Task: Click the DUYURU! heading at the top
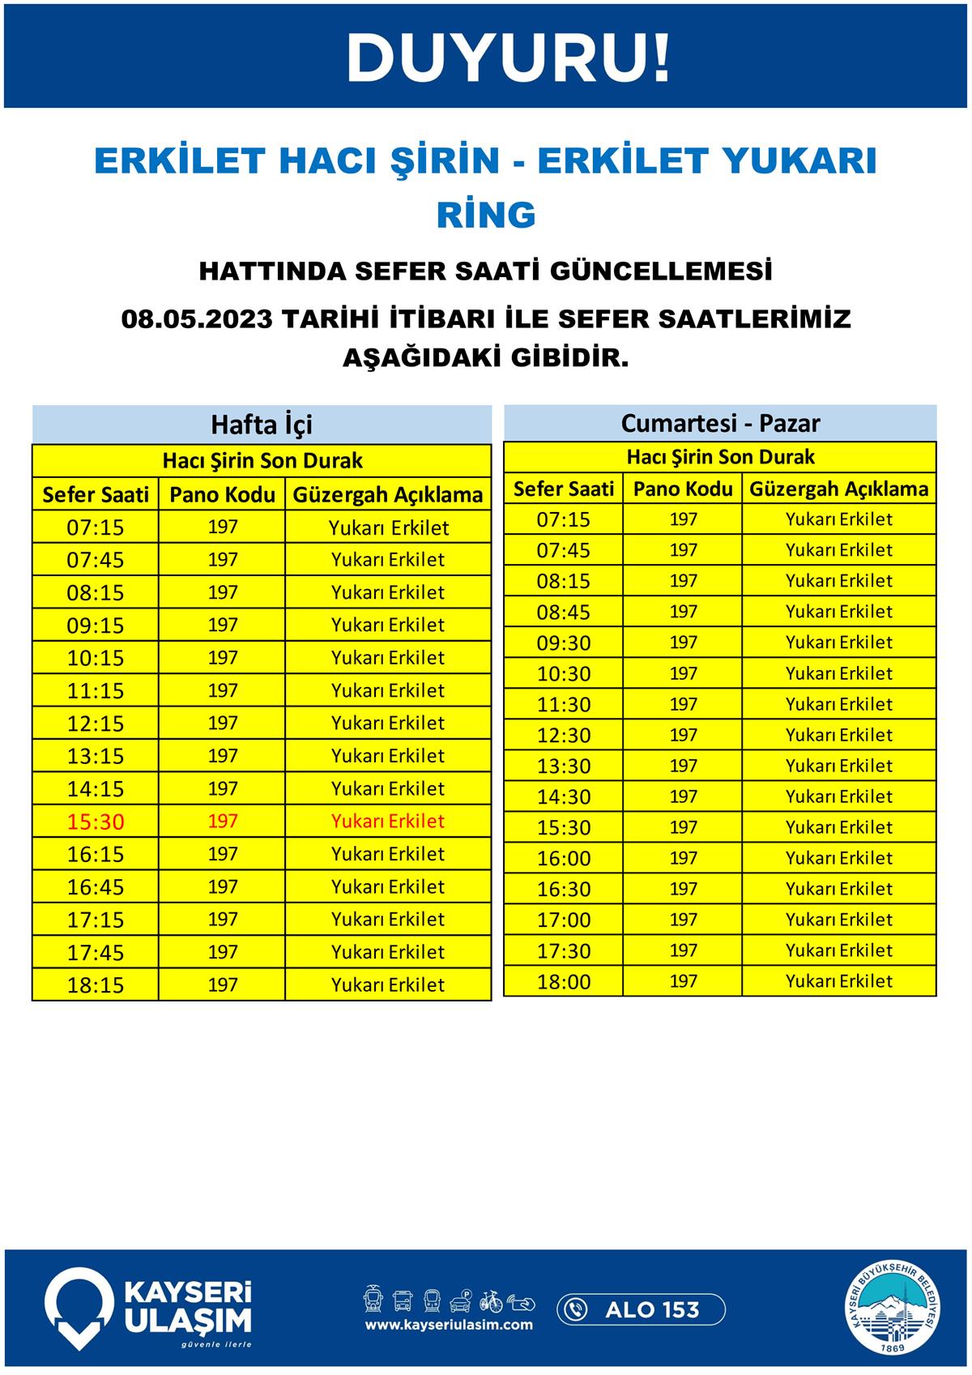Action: point(508,58)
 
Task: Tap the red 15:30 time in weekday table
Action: point(96,822)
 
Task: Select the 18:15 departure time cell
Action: point(96,985)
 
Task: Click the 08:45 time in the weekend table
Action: point(564,612)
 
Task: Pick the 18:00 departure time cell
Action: point(564,982)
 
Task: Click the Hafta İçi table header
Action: point(262,425)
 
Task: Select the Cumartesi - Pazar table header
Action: point(720,423)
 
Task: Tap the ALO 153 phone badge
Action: point(641,1309)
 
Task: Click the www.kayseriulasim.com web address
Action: point(449,1325)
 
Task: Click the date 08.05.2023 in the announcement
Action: point(196,318)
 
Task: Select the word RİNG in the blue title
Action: point(486,215)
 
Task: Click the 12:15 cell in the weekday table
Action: point(96,724)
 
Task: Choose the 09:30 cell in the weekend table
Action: point(564,643)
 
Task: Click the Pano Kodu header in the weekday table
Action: point(222,494)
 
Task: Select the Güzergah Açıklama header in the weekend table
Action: point(838,489)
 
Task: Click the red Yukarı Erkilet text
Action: point(388,821)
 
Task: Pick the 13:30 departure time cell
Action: point(564,766)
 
